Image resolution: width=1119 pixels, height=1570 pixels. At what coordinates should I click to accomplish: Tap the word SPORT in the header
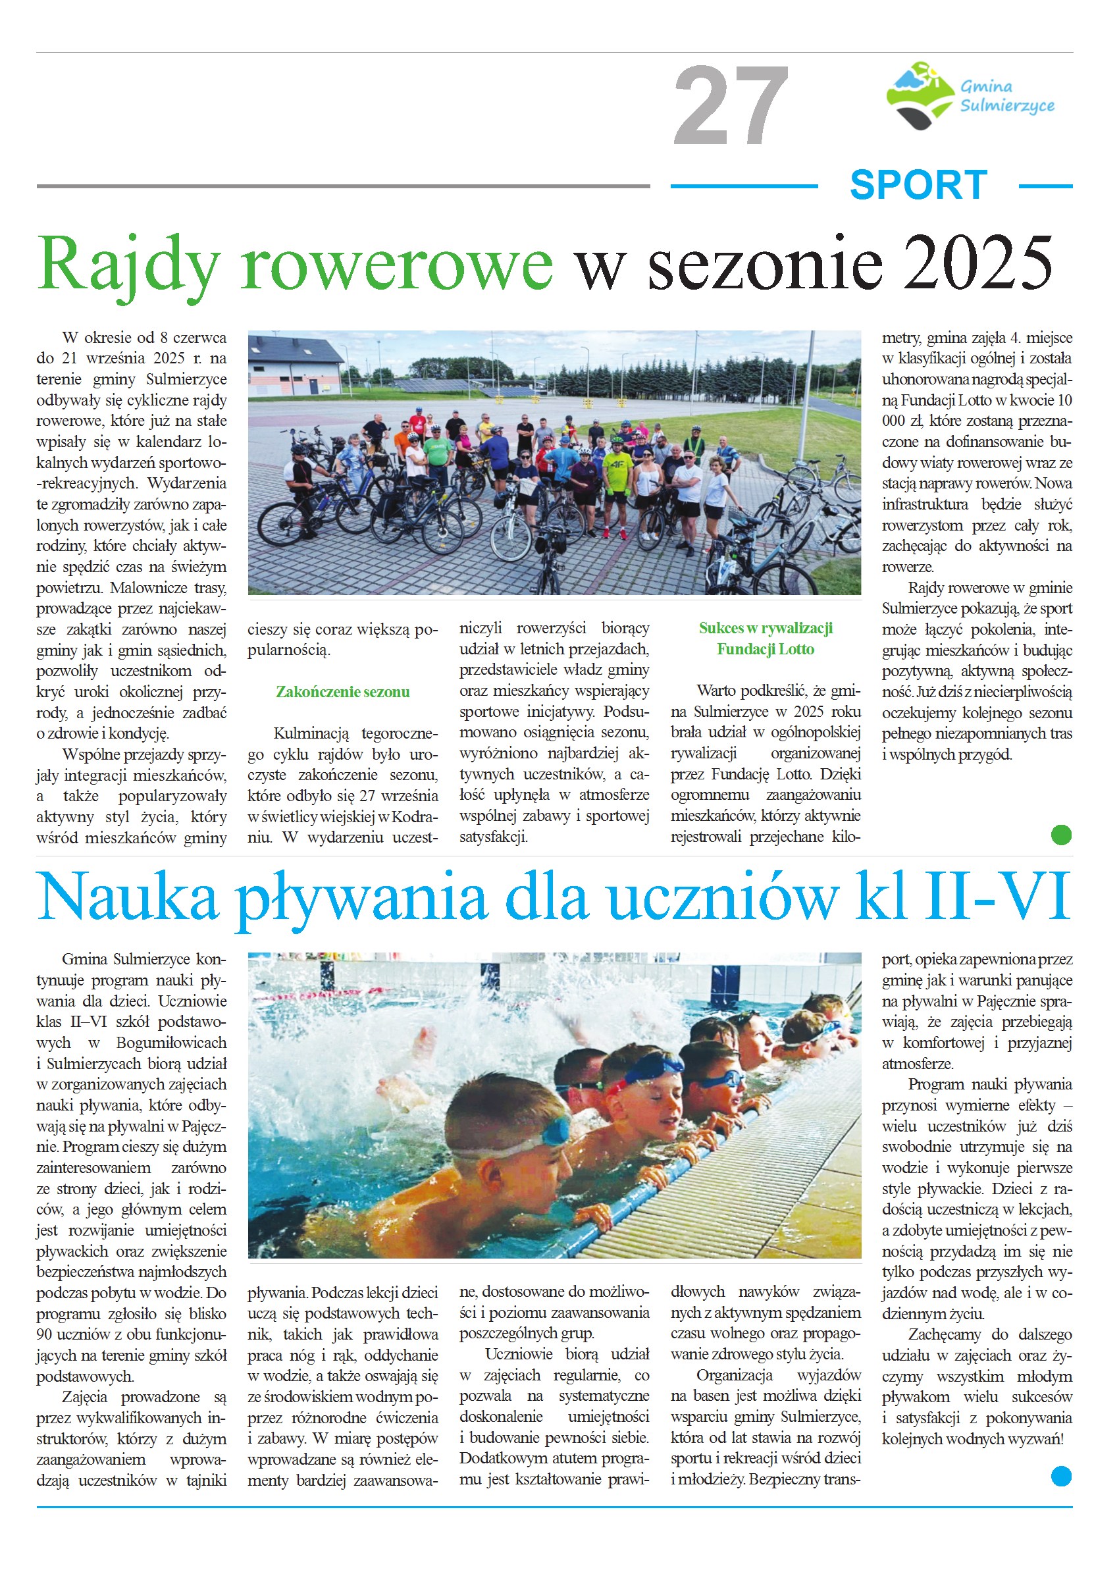click(918, 186)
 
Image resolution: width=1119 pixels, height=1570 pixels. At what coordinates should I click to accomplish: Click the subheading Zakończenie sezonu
click(342, 692)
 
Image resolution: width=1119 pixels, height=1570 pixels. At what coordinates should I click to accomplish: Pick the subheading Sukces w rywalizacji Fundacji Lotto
click(766, 639)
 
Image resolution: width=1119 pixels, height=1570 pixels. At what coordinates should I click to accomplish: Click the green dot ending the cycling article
click(1061, 835)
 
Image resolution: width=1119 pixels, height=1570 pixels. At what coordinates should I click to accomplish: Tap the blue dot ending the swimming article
click(1061, 1477)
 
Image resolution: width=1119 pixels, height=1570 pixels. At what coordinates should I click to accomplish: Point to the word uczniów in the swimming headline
click(723, 897)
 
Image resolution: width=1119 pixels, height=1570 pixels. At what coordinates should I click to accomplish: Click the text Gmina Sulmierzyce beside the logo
click(1006, 95)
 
